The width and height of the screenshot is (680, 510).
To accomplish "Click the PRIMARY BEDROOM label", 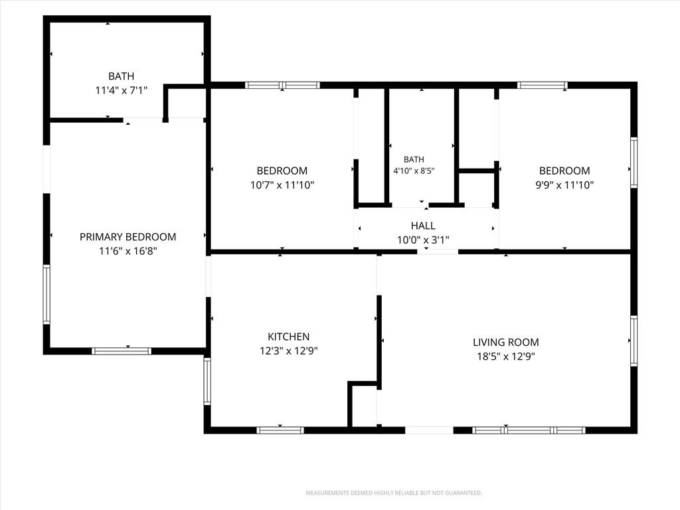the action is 127,237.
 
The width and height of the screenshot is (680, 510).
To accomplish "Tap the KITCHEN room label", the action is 288,337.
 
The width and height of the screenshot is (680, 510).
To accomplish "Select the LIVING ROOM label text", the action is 505,342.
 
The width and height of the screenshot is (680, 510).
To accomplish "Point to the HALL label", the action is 423,226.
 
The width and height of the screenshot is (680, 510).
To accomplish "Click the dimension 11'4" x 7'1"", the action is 122,90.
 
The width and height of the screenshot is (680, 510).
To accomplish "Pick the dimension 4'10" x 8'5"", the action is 414,171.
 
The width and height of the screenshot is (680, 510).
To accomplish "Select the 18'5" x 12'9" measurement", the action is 505,357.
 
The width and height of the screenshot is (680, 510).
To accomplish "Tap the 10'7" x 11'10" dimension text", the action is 282,185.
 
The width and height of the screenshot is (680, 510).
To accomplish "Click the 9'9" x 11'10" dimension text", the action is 564,185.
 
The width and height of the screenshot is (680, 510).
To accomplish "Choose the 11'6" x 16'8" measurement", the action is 127,251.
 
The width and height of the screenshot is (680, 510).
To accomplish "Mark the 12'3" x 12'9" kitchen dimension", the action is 288,351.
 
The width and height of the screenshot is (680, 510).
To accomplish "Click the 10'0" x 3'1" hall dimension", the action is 423,240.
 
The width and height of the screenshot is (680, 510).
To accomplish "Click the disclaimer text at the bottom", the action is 394,493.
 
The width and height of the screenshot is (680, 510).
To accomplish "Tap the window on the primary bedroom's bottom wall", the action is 122,351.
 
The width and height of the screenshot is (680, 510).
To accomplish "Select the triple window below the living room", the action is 529,430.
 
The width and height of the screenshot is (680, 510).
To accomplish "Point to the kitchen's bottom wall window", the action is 280,430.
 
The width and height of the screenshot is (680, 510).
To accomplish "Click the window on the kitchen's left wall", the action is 207,381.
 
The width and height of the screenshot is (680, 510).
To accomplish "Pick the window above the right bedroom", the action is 542,85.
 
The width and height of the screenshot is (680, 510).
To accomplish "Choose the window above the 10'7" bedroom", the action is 282,85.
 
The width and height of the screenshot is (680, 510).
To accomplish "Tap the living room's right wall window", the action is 634,341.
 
